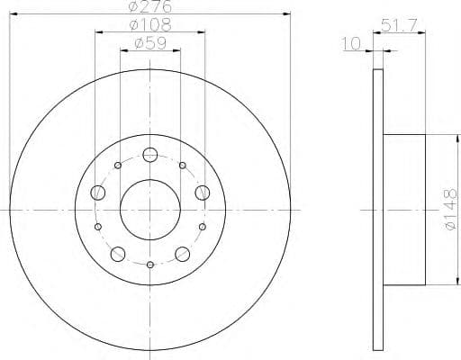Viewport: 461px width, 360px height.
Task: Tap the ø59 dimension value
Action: [150, 43]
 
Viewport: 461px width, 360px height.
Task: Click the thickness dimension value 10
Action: [351, 42]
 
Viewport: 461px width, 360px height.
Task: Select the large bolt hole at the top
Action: [150, 155]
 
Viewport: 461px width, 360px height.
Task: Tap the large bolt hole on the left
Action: [98, 191]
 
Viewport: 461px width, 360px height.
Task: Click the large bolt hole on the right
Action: [202, 191]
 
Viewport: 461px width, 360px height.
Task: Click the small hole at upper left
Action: [119, 166]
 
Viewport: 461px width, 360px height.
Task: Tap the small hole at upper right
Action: [182, 166]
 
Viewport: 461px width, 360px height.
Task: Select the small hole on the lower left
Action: [99, 227]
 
